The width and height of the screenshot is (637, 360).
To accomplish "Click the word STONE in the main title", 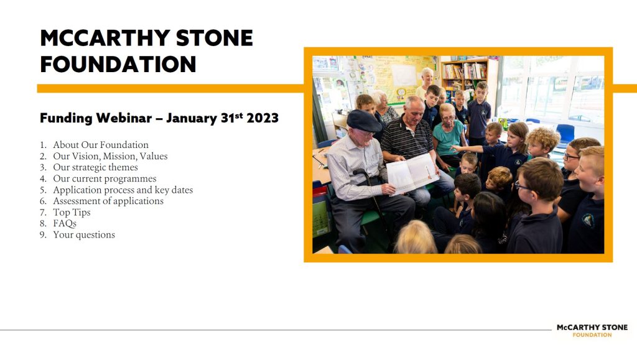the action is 215,38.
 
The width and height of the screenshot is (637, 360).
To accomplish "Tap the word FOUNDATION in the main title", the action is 118,65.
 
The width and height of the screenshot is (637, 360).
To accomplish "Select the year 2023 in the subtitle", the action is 263,118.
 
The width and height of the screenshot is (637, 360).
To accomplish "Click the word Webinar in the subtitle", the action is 124,118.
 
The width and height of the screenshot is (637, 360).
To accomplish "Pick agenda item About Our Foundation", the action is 101,145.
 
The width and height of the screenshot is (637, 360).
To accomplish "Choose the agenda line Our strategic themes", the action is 95,167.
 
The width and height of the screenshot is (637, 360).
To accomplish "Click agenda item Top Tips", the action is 72,212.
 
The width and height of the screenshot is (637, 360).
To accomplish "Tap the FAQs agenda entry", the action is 65,224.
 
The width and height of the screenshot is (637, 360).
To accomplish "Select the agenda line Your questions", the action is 84,235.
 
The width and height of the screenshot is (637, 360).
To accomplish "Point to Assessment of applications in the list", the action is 108,201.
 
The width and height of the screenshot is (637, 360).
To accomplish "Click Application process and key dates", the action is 123,190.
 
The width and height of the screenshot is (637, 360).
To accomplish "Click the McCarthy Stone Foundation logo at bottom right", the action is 592,330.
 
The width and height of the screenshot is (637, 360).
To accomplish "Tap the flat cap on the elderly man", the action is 363,121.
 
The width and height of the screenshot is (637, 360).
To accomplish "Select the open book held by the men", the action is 412,173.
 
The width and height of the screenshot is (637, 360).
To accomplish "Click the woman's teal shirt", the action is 449,137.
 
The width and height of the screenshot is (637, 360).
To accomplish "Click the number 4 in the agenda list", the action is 43,179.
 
